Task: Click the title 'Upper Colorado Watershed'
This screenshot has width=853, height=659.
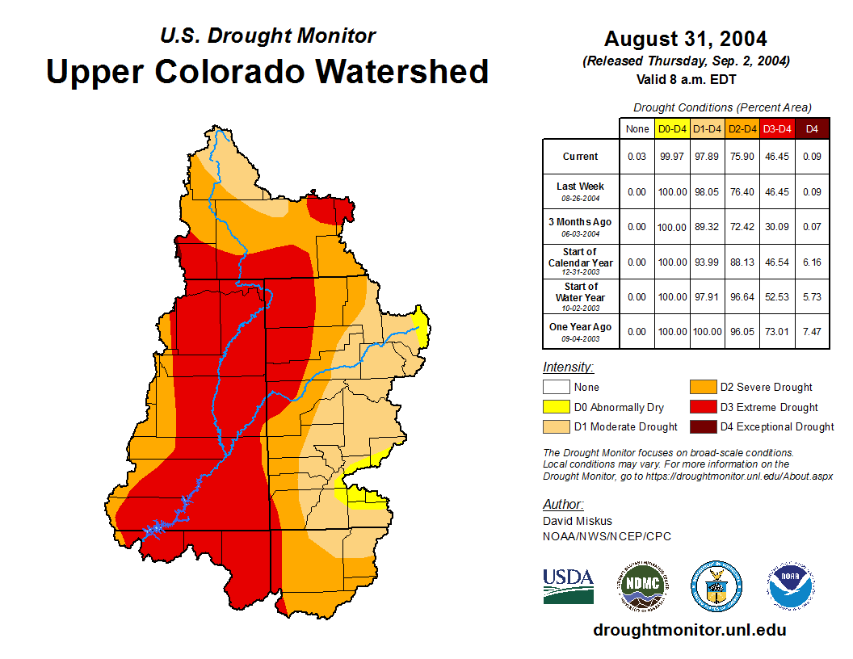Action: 267,72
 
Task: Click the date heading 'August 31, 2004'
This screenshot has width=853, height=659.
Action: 685,39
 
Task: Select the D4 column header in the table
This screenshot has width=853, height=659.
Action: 812,128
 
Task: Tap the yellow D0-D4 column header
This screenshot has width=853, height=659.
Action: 672,128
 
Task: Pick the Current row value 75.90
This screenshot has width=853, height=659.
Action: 742,157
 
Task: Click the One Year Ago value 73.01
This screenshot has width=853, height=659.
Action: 777,332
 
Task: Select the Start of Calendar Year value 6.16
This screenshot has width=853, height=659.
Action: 812,262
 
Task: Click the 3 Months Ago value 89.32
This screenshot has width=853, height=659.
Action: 707,227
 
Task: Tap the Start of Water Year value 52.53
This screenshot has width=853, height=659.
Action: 777,297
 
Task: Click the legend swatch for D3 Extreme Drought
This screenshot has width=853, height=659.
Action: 702,407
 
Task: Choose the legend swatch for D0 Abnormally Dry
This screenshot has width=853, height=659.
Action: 556,407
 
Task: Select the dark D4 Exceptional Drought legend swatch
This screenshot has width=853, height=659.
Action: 702,426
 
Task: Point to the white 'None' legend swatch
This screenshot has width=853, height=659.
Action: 556,388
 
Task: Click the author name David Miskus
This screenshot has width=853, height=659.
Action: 578,521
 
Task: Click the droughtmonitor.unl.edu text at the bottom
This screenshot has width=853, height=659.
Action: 689,630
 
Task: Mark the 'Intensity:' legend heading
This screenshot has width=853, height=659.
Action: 568,367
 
